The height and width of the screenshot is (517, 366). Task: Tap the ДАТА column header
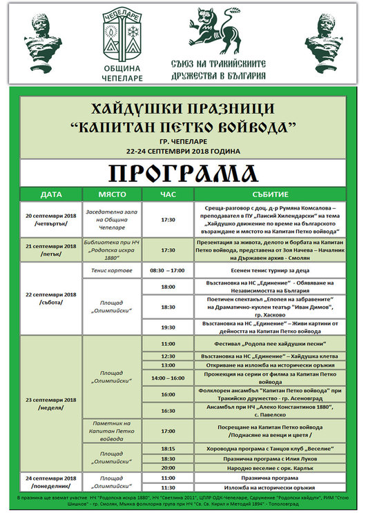tap(51, 194)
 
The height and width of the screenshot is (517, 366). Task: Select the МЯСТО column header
tap(112, 194)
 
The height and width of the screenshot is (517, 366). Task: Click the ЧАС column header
tap(168, 194)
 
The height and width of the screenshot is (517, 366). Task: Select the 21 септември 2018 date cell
tap(51, 250)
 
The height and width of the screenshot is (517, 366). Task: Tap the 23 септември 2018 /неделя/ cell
tap(51, 403)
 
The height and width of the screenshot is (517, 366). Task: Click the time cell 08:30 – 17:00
tap(168, 271)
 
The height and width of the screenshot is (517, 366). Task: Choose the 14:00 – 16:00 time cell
tap(168, 378)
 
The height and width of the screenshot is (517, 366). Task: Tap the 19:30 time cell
tap(168, 327)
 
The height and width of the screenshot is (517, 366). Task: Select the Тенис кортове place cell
tap(112, 271)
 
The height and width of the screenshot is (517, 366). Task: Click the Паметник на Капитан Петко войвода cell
tap(112, 429)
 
